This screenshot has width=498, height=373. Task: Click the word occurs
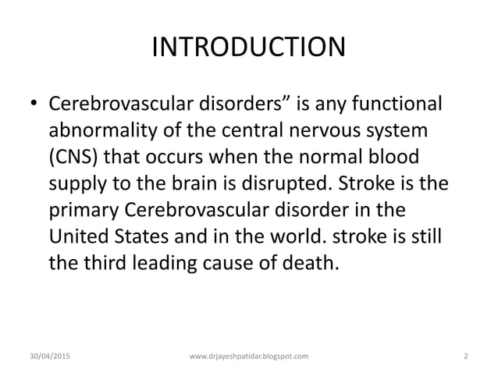196,156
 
